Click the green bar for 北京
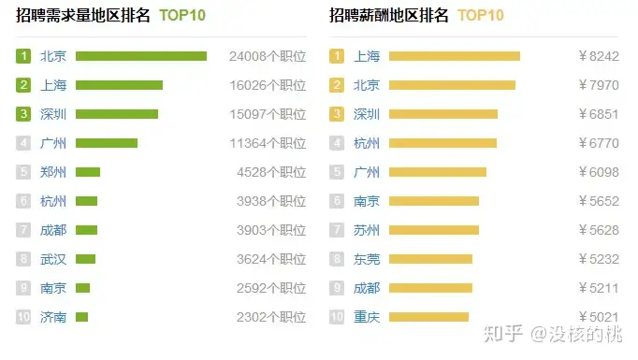pyautogui.click(x=140, y=56)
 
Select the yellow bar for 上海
pyautogui.click(x=454, y=56)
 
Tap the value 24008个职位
pyautogui.click(x=268, y=56)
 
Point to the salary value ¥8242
pyautogui.click(x=600, y=56)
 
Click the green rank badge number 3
pyautogui.click(x=23, y=114)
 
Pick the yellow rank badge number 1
pyautogui.click(x=337, y=56)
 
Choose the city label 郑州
pyautogui.click(x=53, y=172)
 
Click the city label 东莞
pyautogui.click(x=367, y=259)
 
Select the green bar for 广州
pyautogui.click(x=107, y=143)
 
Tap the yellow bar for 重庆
pyautogui.click(x=428, y=317)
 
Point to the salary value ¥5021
pyautogui.click(x=600, y=317)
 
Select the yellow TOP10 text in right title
pyautogui.click(x=480, y=15)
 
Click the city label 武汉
pyautogui.click(x=53, y=259)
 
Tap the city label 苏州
pyautogui.click(x=367, y=230)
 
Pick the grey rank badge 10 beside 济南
pyautogui.click(x=23, y=317)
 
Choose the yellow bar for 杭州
pyautogui.click(x=442, y=143)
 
